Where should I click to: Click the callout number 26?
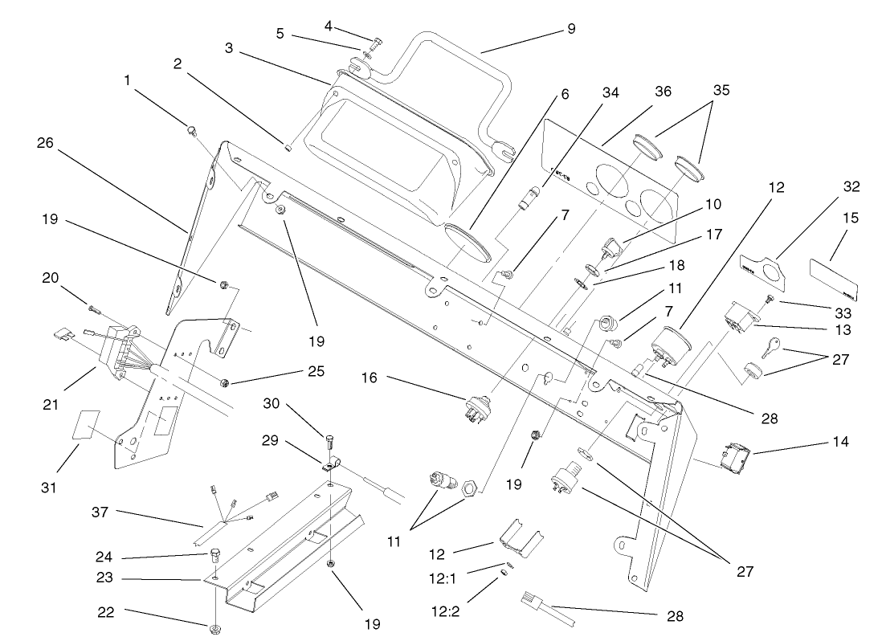click(x=47, y=144)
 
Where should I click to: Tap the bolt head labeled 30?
click(x=329, y=440)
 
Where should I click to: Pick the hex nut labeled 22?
click(x=216, y=627)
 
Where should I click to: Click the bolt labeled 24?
click(x=214, y=555)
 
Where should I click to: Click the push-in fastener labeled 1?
click(x=191, y=129)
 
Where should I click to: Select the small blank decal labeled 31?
click(x=86, y=425)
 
